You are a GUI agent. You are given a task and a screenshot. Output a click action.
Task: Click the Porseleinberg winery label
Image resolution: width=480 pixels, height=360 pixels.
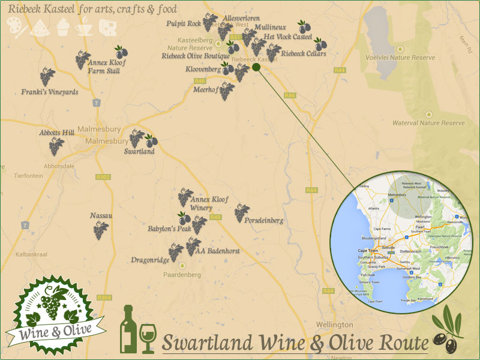click(264, 221)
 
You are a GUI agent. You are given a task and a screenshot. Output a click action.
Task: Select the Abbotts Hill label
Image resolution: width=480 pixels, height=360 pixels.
click(56, 133)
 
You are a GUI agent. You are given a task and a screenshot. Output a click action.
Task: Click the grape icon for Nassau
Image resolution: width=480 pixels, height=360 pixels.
click(101, 229)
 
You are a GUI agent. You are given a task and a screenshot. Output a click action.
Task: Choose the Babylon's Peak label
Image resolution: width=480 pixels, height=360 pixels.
click(169, 229)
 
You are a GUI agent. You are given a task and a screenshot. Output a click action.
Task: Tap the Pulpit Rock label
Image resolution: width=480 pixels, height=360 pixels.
click(184, 24)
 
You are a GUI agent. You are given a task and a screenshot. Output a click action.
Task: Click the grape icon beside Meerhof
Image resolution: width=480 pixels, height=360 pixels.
click(226, 91)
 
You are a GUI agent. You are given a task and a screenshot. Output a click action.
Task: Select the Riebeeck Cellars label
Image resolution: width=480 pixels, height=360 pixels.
click(304, 54)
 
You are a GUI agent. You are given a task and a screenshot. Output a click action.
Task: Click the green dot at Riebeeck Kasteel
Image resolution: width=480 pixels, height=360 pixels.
click(256, 68)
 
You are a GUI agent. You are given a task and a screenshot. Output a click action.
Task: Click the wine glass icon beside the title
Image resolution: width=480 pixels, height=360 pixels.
click(147, 338)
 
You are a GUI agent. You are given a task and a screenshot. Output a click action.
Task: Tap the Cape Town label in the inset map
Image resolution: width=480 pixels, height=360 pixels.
click(370, 250)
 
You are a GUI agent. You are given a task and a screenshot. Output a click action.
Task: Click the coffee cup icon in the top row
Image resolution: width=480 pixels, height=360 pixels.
click(84, 26)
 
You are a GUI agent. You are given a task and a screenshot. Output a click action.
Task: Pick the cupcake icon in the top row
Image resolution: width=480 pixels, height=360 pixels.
click(63, 26)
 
